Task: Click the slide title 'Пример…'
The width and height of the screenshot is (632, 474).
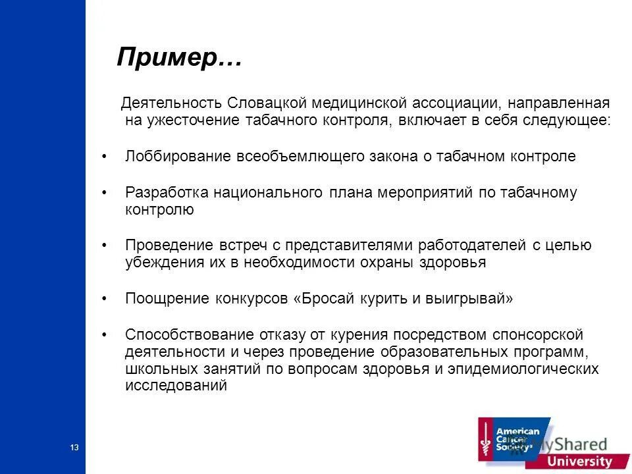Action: (179, 58)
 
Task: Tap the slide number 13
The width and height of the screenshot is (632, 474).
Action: (74, 448)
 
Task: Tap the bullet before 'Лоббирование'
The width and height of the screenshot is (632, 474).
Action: (105, 157)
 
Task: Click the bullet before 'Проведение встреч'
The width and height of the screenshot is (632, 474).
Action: (105, 246)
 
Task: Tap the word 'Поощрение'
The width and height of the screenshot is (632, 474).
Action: (167, 298)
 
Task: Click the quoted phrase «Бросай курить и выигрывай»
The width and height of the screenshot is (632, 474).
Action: (403, 298)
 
